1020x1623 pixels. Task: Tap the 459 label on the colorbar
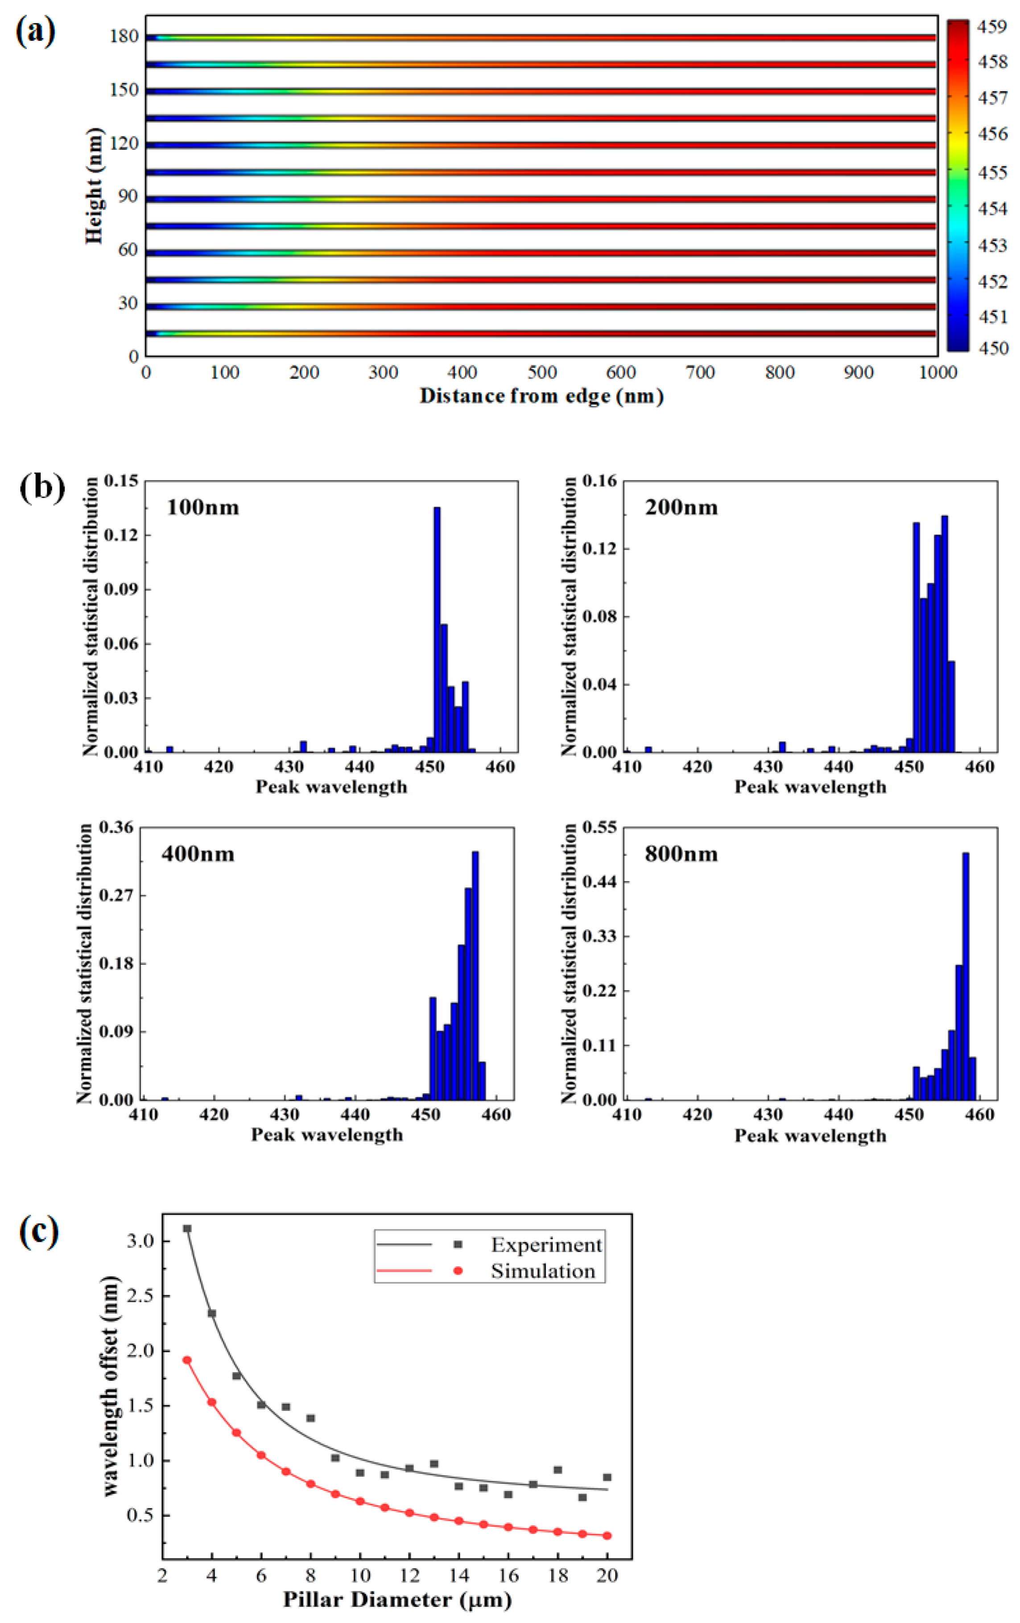[x=992, y=27]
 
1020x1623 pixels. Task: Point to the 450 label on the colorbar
[x=992, y=348]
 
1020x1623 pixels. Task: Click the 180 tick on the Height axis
[x=124, y=37]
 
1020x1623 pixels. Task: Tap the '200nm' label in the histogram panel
[x=681, y=507]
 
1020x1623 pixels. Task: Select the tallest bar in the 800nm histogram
[x=966, y=976]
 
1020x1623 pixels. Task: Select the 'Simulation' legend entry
[x=543, y=1271]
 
